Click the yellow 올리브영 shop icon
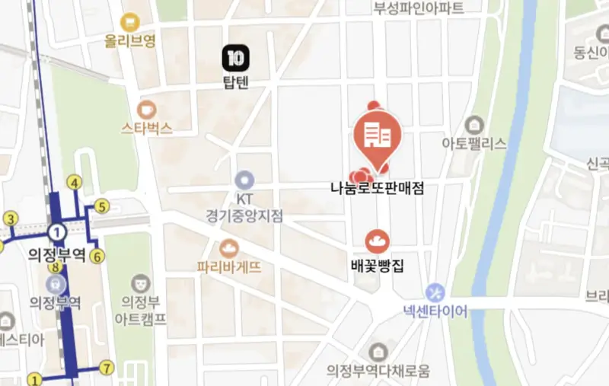pyautogui.click(x=130, y=23)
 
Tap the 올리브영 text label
pyautogui.click(x=131, y=42)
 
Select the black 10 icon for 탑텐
pyautogui.click(x=236, y=57)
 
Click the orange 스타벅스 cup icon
pyautogui.click(x=146, y=109)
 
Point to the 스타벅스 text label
pyautogui.click(x=146, y=128)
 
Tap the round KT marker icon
pyautogui.click(x=244, y=180)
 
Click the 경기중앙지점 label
pyautogui.click(x=244, y=215)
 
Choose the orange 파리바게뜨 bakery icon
pyautogui.click(x=228, y=248)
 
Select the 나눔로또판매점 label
pyautogui.click(x=376, y=187)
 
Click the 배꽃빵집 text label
pyautogui.click(x=376, y=266)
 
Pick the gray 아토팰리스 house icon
pyautogui.click(x=474, y=124)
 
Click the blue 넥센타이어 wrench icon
pyautogui.click(x=435, y=292)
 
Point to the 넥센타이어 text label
pyautogui.click(x=435, y=311)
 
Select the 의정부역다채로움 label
pyautogui.click(x=378, y=371)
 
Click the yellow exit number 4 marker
pyautogui.click(x=75, y=183)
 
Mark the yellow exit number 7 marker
pyautogui.click(x=107, y=368)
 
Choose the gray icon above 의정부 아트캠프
pyautogui.click(x=139, y=284)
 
